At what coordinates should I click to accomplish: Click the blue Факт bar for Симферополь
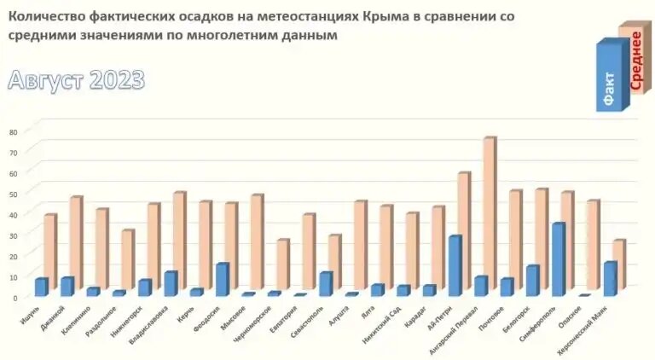(557, 259)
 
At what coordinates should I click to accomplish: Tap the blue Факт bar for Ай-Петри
(455, 265)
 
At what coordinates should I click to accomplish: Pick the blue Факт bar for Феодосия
(221, 279)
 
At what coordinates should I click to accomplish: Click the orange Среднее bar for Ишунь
(49, 252)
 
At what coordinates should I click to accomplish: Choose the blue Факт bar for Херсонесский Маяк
(609, 278)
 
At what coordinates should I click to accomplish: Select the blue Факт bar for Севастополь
(325, 283)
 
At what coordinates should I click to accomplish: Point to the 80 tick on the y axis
(13, 132)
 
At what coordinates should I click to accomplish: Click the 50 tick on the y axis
(13, 194)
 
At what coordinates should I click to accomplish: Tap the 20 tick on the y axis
(13, 256)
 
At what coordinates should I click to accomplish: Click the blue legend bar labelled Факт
(609, 77)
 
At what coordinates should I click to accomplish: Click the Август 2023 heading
(77, 80)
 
